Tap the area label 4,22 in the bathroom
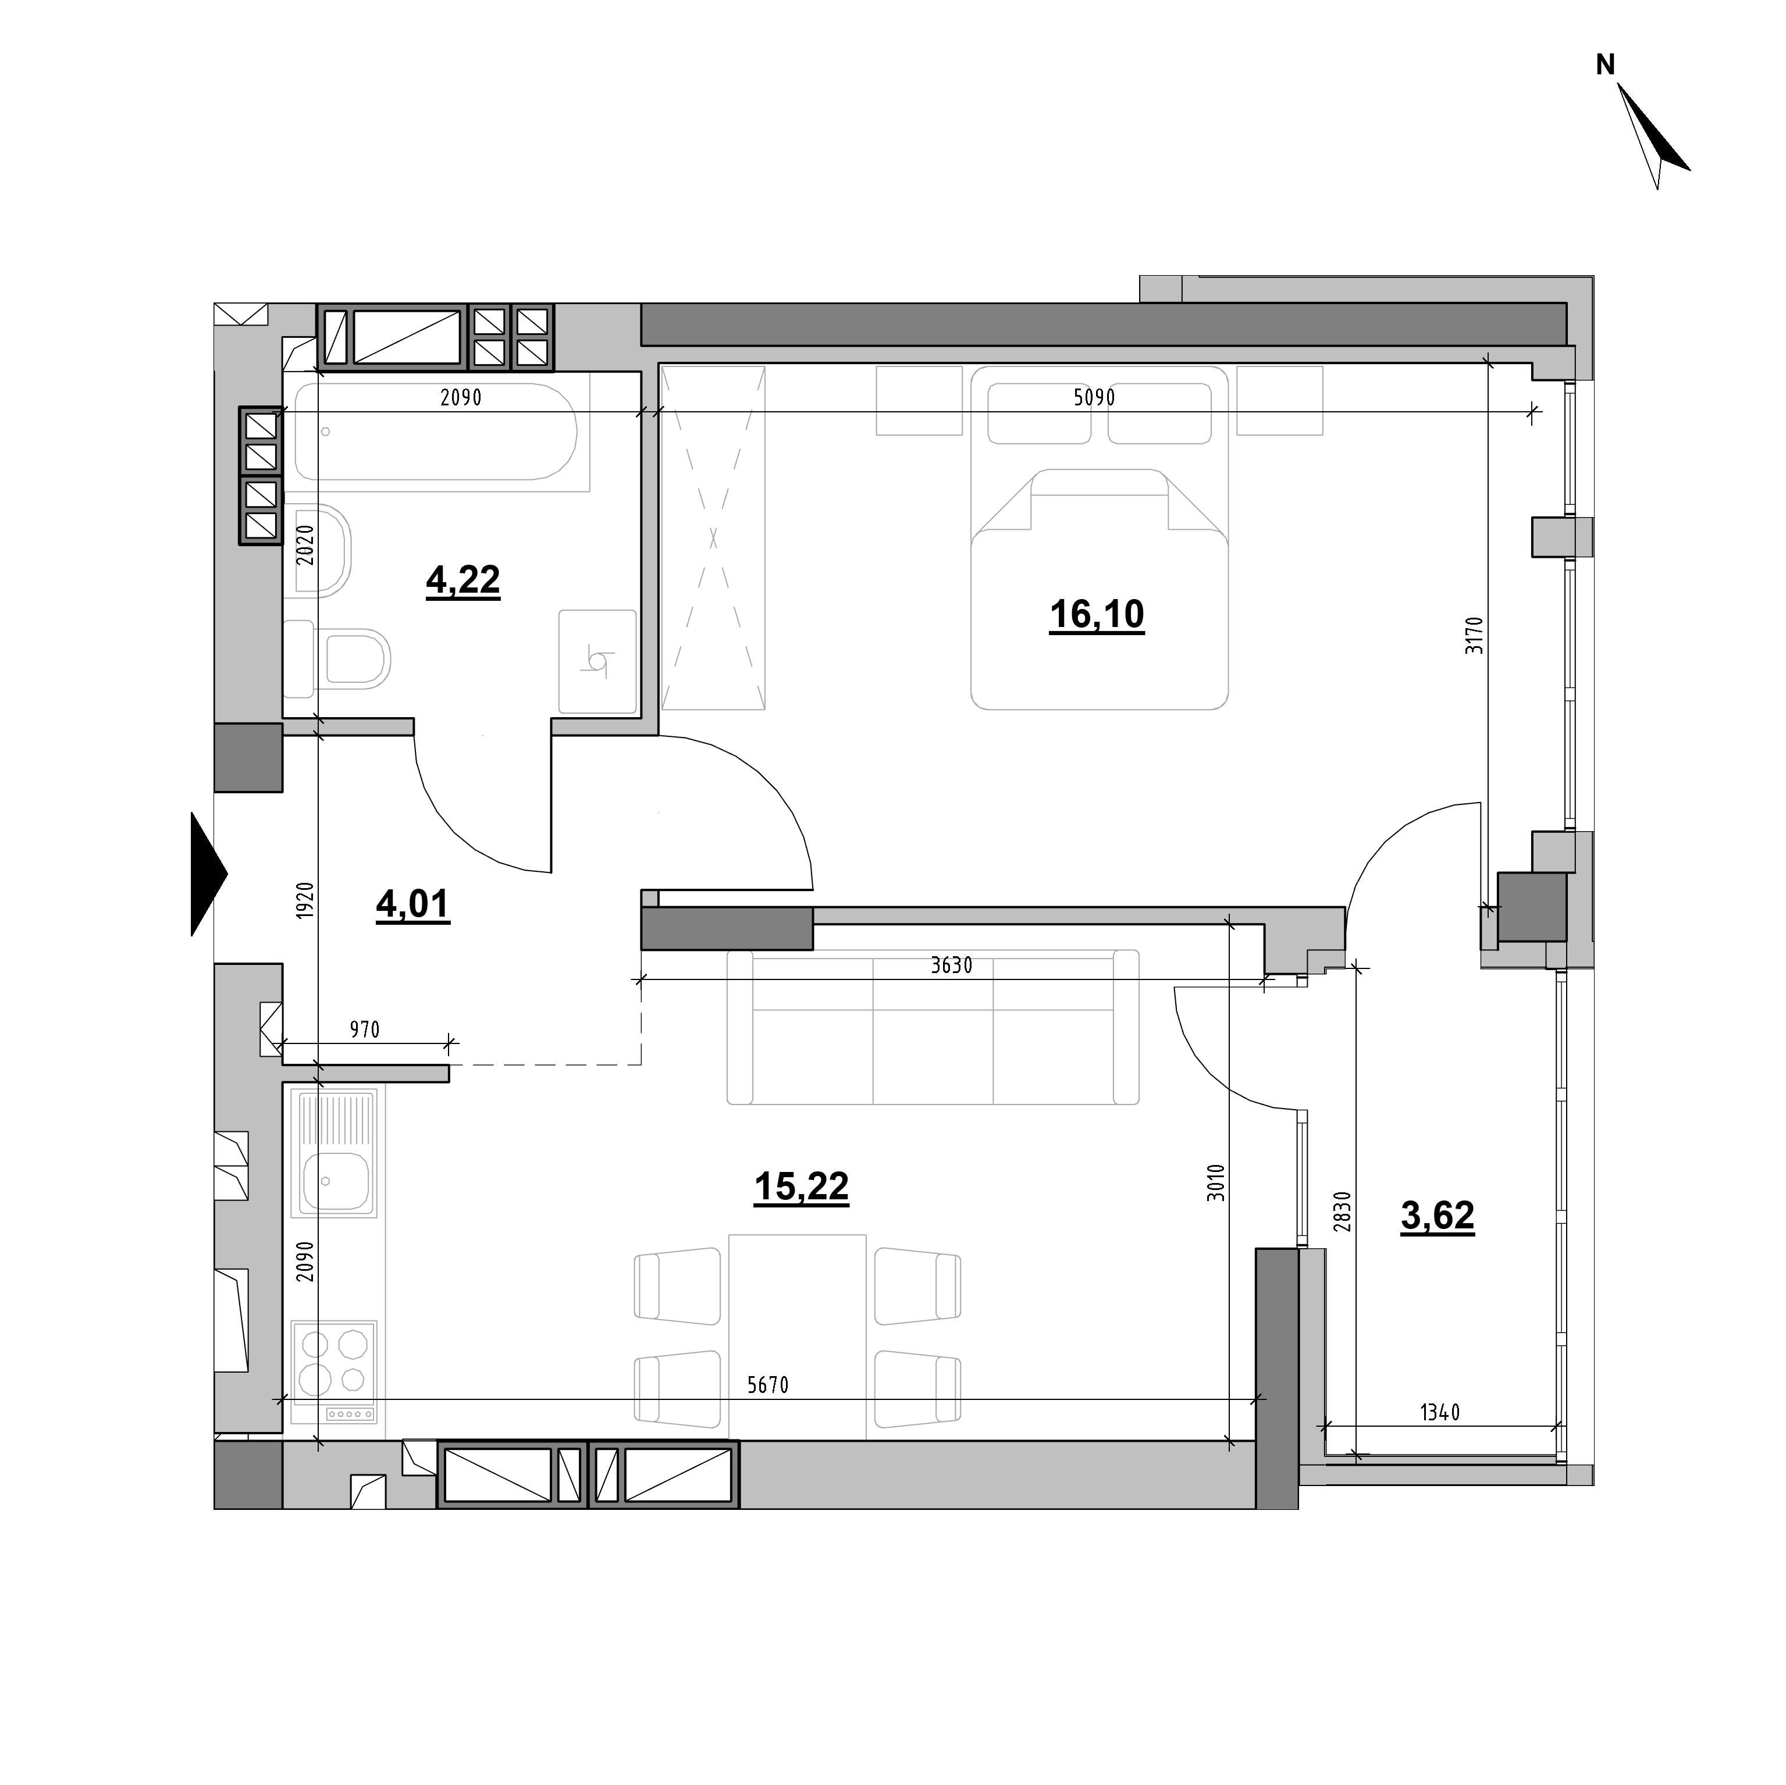463,580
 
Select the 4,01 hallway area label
412,904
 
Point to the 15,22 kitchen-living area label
802,1187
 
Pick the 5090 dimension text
1094,398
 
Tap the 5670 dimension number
767,1385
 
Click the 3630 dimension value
951,966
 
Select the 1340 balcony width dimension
1439,1412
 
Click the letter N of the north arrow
1606,65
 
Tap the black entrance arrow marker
208,874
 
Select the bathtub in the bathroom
436,432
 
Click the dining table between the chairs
798,1337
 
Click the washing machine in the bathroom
598,662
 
